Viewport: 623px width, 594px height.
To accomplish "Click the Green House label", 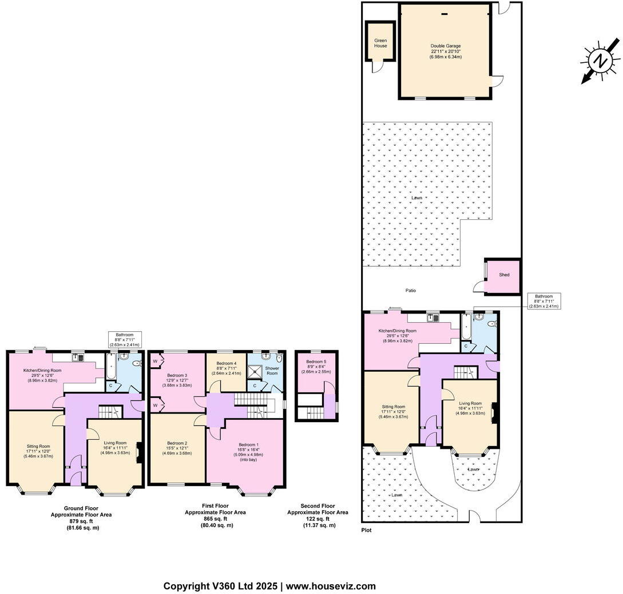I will click(x=380, y=43).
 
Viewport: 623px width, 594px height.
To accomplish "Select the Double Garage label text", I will click(x=446, y=46).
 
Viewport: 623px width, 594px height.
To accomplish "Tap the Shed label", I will click(x=504, y=275).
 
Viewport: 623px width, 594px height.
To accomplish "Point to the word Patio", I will click(x=411, y=291).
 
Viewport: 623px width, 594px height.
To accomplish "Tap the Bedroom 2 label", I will click(x=177, y=443).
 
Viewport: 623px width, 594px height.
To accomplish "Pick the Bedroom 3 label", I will click(x=177, y=375).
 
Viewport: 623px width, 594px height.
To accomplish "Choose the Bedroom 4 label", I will click(x=227, y=363).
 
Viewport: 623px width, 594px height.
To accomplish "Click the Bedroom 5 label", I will click(x=316, y=362).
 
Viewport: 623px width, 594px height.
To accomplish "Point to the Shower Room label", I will click(x=272, y=371).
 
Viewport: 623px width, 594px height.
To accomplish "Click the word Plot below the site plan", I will click(x=366, y=530).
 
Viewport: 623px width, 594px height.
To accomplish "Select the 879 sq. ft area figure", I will click(x=81, y=521).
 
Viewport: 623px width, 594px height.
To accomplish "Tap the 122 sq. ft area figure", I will click(x=318, y=519).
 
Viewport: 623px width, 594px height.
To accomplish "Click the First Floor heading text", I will click(x=215, y=506).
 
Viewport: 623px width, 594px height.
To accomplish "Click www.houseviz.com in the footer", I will click(x=331, y=586).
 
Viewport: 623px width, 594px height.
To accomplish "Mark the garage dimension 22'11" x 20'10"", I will click(x=446, y=51).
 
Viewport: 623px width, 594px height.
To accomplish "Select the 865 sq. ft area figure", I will click(x=215, y=519).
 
